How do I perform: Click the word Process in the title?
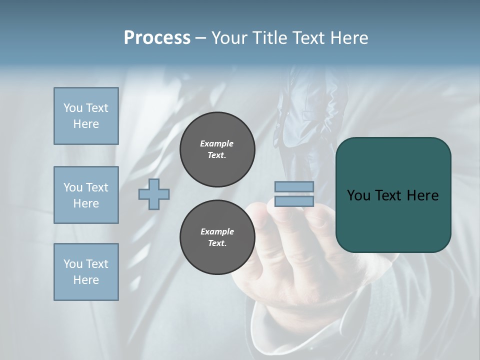[157, 38]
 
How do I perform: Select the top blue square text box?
[86, 116]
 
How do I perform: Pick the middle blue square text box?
[86, 195]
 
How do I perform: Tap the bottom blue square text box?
[86, 272]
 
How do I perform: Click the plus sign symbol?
[154, 194]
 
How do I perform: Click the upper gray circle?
[217, 149]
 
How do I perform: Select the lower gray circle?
[217, 237]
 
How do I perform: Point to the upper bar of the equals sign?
[294, 187]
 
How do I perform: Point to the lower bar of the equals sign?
[294, 201]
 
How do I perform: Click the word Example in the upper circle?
[217, 143]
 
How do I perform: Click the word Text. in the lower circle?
[217, 243]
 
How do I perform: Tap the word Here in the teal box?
[422, 195]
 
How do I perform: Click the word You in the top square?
[72, 108]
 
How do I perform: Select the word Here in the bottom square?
[86, 280]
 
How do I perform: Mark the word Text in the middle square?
[96, 187]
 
